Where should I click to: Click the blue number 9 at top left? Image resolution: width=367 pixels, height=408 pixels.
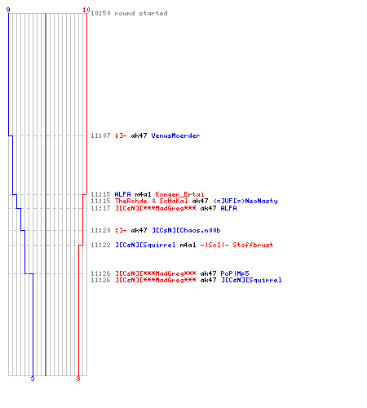click(x=8, y=10)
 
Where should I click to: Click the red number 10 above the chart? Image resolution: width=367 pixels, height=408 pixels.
click(x=86, y=10)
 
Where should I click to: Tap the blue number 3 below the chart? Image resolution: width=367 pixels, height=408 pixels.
click(x=33, y=379)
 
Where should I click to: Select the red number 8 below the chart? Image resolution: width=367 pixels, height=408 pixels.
click(x=78, y=379)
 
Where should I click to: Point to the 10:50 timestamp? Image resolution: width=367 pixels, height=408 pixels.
click(x=100, y=13)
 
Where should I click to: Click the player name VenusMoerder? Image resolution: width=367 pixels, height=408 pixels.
click(x=175, y=135)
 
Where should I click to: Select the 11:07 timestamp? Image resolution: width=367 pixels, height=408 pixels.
click(x=100, y=135)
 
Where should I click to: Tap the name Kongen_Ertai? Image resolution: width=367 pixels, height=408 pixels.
click(x=179, y=194)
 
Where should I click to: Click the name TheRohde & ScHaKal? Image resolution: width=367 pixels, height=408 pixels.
click(x=151, y=201)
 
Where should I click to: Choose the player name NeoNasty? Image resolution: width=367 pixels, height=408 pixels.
click(x=261, y=201)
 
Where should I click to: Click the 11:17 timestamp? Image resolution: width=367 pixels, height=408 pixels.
click(x=100, y=208)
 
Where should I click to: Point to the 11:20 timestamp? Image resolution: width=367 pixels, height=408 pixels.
click(x=100, y=230)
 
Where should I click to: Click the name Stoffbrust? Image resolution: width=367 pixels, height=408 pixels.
click(x=253, y=245)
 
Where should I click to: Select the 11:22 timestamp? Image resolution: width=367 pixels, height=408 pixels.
click(x=100, y=245)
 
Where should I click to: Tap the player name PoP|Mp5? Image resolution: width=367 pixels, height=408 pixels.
click(x=235, y=273)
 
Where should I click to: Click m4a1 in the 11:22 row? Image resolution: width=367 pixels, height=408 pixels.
click(x=188, y=245)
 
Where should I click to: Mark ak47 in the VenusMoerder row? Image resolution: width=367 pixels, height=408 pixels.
click(x=139, y=135)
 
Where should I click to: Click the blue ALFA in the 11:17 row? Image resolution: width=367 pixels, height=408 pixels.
click(x=228, y=208)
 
